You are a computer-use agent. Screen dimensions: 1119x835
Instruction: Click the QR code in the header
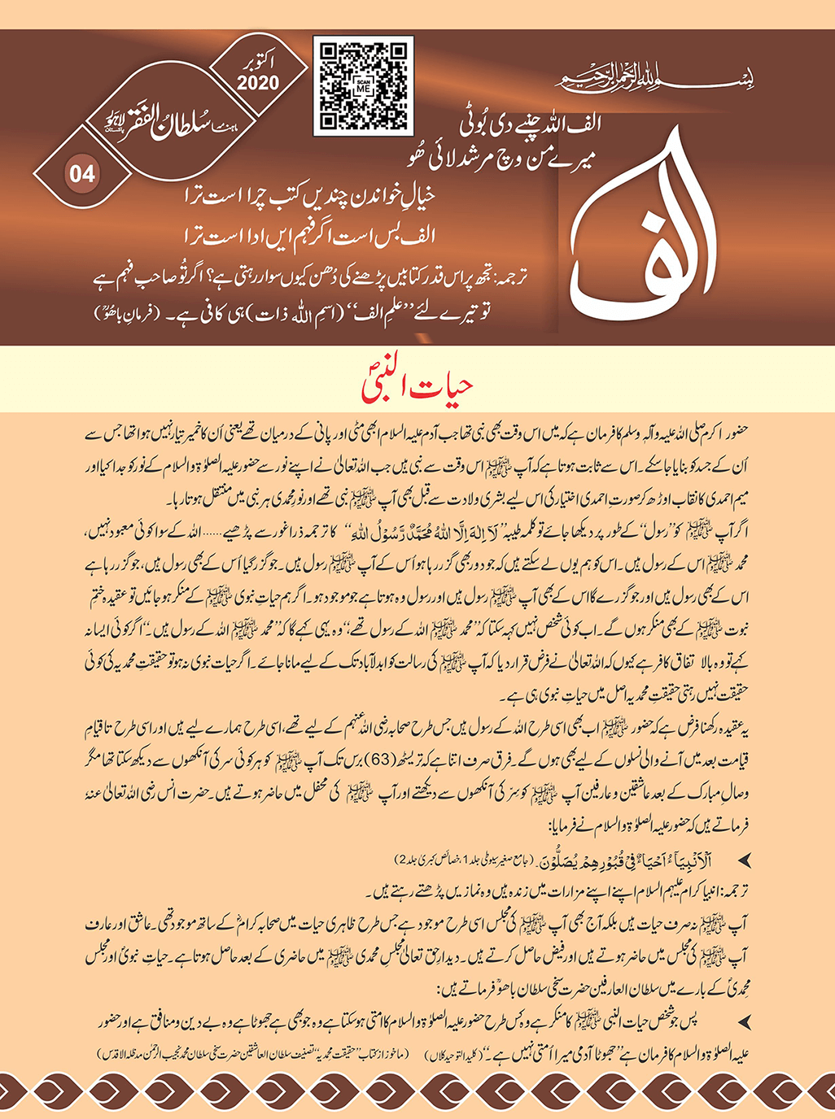pos(363,85)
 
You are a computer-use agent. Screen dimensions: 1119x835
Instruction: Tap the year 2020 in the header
pos(259,82)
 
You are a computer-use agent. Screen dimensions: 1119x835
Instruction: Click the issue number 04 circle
pos(82,172)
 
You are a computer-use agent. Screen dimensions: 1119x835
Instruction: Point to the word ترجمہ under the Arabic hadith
pos(733,883)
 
